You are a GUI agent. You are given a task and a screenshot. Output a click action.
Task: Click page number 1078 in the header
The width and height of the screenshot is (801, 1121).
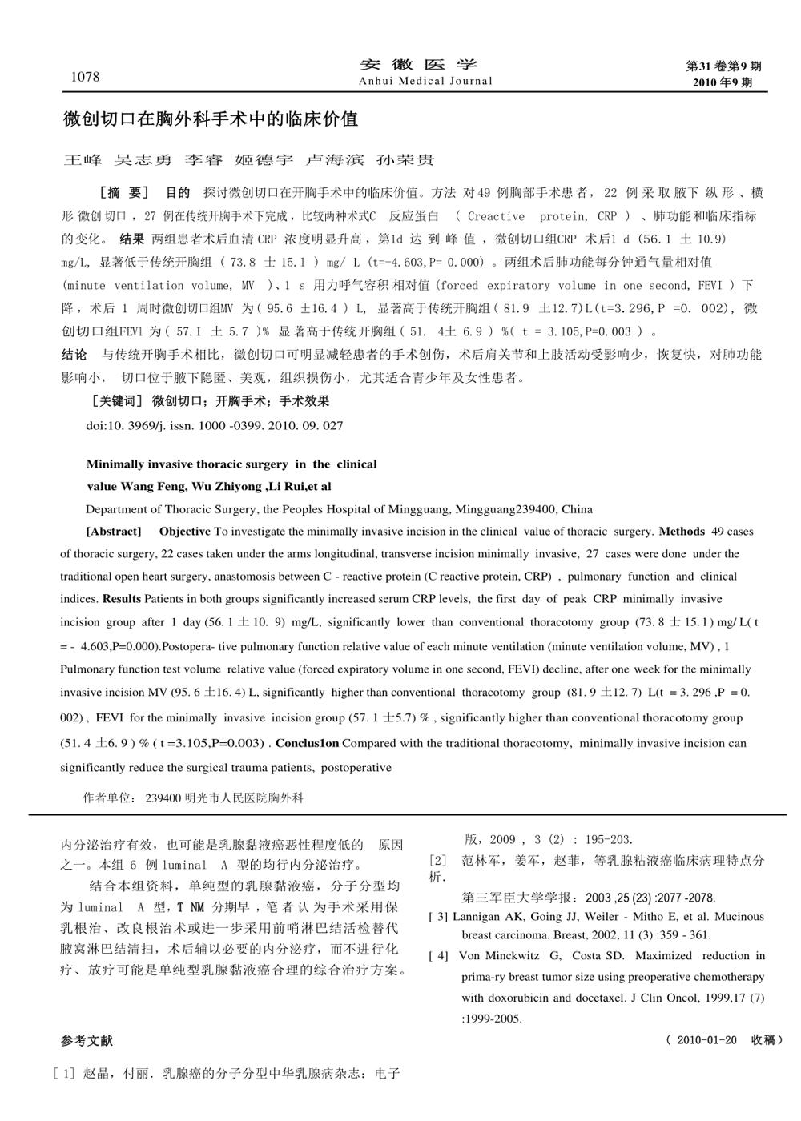click(x=86, y=77)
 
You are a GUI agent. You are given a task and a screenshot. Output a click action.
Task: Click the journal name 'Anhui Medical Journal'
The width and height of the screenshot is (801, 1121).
click(x=425, y=81)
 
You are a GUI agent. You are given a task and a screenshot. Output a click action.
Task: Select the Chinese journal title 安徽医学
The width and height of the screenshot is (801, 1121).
click(x=418, y=65)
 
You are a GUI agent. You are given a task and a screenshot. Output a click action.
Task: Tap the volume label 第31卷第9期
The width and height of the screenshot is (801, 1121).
click(x=724, y=66)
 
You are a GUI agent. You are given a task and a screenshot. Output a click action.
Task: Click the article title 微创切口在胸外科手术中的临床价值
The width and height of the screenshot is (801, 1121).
click(x=211, y=120)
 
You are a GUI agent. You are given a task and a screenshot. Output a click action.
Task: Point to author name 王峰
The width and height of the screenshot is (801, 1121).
click(x=83, y=160)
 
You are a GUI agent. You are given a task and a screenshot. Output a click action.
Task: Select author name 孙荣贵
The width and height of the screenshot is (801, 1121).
click(x=405, y=160)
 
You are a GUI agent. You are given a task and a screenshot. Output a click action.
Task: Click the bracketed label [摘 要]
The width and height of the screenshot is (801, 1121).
click(x=123, y=193)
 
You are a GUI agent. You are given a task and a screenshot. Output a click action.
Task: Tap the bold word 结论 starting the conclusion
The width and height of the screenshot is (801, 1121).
click(x=74, y=354)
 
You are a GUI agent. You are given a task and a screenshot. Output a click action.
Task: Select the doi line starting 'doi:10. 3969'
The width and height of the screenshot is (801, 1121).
click(x=214, y=426)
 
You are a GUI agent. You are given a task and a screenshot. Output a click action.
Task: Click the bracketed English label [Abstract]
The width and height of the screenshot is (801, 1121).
click(x=113, y=532)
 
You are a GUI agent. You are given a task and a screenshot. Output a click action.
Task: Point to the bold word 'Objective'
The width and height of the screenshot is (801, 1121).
click(x=184, y=532)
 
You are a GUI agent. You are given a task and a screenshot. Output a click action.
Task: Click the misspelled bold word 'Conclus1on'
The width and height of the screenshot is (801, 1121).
click(x=308, y=743)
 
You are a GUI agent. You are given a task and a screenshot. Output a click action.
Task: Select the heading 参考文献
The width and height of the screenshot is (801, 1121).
click(x=87, y=1041)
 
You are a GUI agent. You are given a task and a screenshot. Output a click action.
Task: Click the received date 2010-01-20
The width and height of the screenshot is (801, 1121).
click(x=706, y=1040)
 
